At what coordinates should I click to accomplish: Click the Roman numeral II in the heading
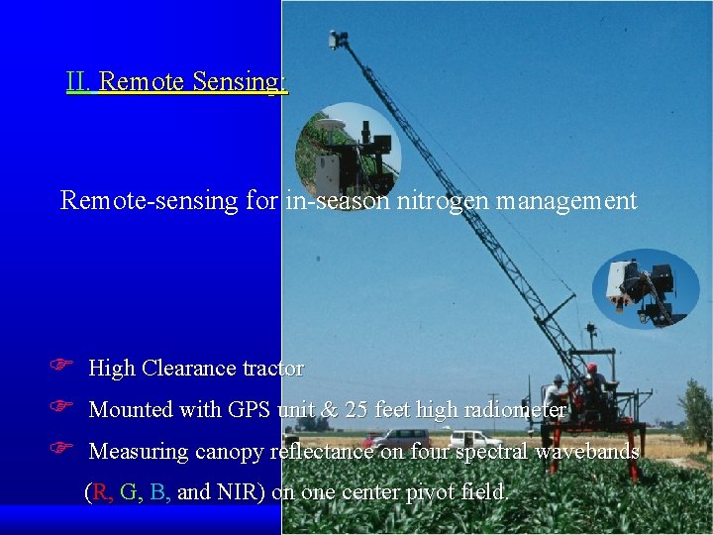tap(78, 81)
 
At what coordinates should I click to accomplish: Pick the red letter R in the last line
tap(100, 491)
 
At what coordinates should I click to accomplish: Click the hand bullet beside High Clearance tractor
tap(58, 368)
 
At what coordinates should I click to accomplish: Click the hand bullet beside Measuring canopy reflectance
tap(58, 451)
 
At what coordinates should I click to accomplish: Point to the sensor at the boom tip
tap(339, 39)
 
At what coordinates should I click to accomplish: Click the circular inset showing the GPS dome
tap(348, 150)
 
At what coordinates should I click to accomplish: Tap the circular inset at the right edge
tap(646, 287)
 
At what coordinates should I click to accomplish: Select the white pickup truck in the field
tap(473, 439)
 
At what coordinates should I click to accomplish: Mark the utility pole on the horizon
tap(492, 411)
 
